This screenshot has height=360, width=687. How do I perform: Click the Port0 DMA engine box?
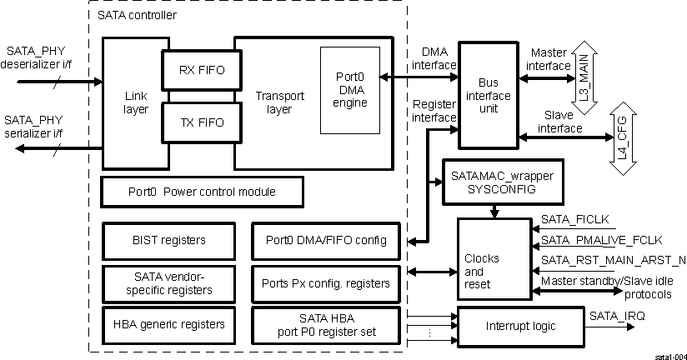point(349,90)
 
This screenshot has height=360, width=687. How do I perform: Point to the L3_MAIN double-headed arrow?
point(584,69)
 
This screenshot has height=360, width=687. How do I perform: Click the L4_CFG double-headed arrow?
point(620,140)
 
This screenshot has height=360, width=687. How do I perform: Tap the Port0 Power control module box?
point(202,192)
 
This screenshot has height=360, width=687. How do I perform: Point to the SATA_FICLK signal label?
point(575,220)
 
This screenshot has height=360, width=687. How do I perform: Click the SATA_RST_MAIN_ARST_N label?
point(613,260)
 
